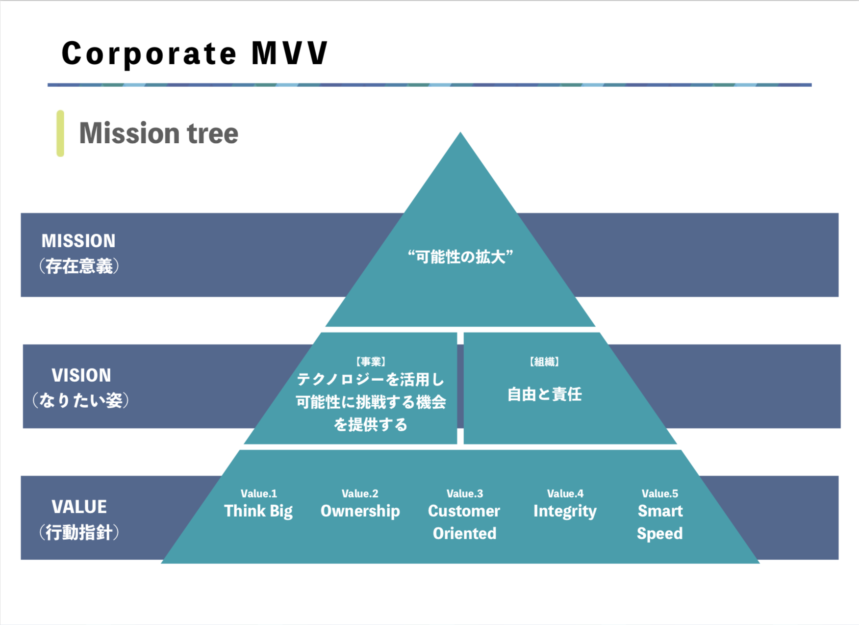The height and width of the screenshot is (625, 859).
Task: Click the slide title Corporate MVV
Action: tap(195, 53)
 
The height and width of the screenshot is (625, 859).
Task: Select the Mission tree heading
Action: tap(159, 133)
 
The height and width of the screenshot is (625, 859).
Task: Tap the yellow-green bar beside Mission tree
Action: tap(60, 133)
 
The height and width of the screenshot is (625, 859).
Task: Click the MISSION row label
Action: tap(78, 241)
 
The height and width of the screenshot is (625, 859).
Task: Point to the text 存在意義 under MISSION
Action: tap(79, 266)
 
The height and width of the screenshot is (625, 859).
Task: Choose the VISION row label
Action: tap(81, 375)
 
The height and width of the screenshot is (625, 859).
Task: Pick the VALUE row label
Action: tap(79, 507)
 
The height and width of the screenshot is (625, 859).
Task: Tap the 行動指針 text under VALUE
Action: tap(79, 532)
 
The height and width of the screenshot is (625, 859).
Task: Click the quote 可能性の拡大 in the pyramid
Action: tap(460, 257)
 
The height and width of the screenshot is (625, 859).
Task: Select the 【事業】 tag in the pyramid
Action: tap(371, 362)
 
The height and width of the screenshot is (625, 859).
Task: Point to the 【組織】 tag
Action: tap(544, 362)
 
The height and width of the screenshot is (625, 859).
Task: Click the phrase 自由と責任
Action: tap(544, 394)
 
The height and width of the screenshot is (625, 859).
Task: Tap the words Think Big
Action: tap(258, 511)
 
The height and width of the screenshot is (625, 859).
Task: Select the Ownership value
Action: tap(360, 511)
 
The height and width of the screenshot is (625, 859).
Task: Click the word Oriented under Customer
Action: tap(465, 533)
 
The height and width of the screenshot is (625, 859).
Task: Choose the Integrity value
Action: tap(565, 511)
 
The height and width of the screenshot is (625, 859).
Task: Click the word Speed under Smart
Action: tap(660, 534)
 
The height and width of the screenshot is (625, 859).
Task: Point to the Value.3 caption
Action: tap(465, 494)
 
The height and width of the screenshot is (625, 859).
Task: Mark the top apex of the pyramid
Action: tap(460, 132)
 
